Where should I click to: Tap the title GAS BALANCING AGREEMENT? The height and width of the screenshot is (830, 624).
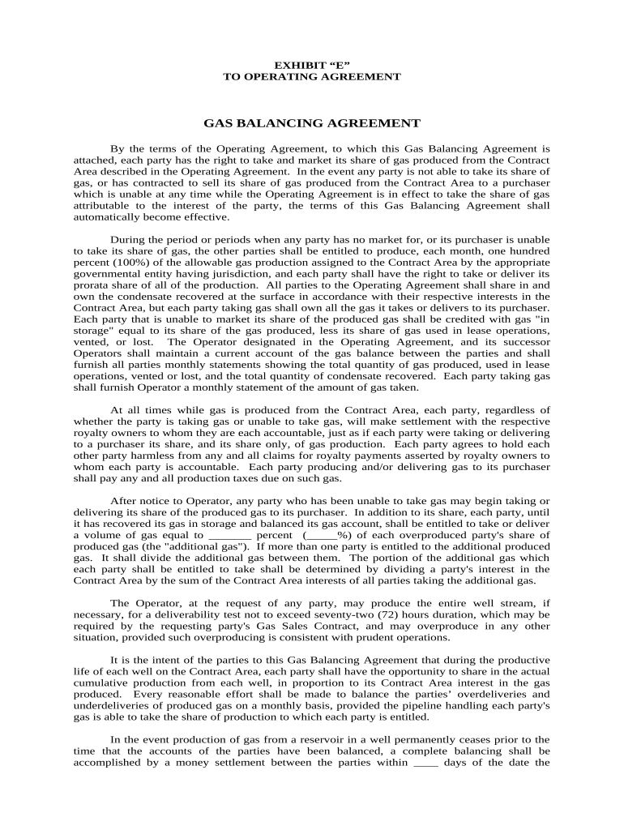(311, 123)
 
